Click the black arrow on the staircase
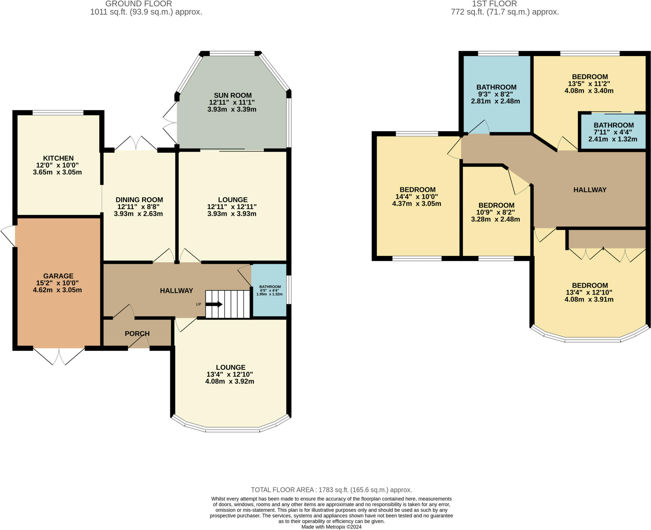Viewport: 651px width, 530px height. coord(214,304)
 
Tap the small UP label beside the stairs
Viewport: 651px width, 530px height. coord(198,304)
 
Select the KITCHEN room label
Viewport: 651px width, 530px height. coord(58,158)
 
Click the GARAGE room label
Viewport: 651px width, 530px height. coord(58,276)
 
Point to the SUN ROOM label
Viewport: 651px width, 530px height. coord(233,95)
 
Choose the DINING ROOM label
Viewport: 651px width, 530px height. coord(139,200)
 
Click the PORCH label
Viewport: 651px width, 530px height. coord(137,333)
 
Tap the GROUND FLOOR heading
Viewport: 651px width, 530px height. coord(139,4)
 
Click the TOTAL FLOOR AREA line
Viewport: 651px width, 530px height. coord(331,490)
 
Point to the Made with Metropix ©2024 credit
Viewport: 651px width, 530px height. coord(331,527)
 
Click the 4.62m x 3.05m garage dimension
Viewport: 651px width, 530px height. coord(58,290)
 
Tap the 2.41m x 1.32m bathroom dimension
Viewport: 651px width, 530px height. coord(613,139)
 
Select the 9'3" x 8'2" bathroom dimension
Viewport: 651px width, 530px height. coord(496,94)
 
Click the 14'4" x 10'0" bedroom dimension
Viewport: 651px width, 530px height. coord(417,197)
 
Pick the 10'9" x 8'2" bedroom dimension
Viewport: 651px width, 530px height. coord(496,212)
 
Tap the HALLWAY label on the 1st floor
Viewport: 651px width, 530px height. coord(590,190)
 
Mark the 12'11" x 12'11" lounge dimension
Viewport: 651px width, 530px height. coord(232,207)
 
